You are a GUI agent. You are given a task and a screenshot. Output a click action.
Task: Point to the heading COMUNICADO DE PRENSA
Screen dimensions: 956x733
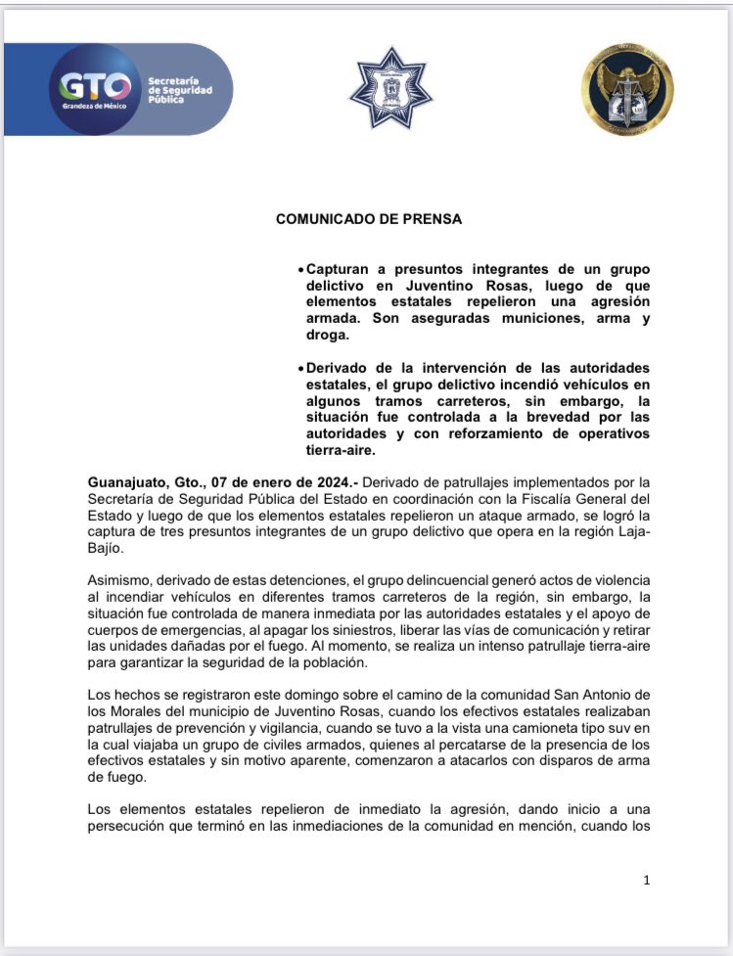click(x=368, y=219)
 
